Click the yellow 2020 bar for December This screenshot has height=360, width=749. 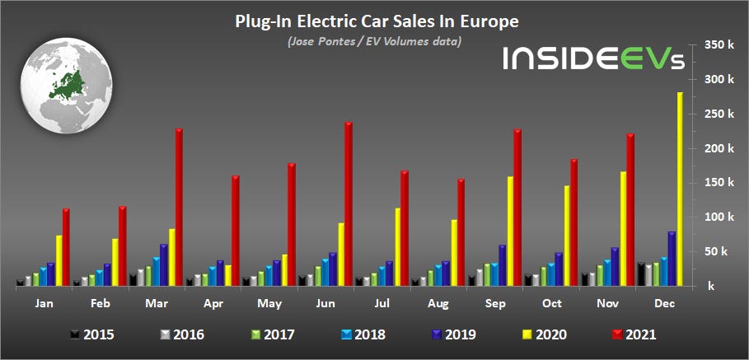pyautogui.click(x=680, y=189)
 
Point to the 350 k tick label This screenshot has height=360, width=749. pyautogui.click(x=719, y=45)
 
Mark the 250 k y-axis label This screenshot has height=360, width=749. pyautogui.click(x=719, y=115)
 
